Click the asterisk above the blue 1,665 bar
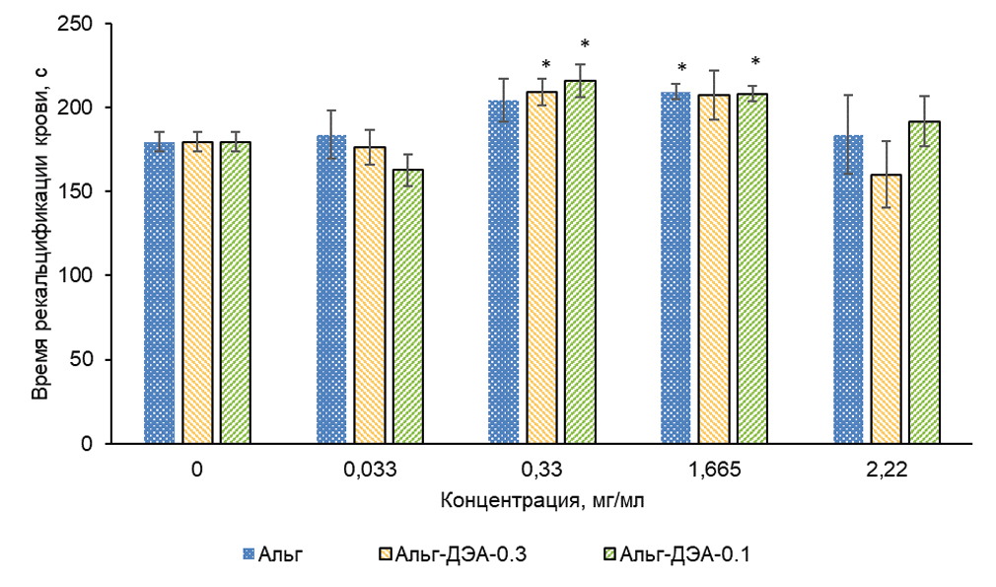[681, 69]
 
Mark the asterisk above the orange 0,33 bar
[545, 66]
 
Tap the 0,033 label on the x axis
[371, 471]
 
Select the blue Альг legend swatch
[250, 556]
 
